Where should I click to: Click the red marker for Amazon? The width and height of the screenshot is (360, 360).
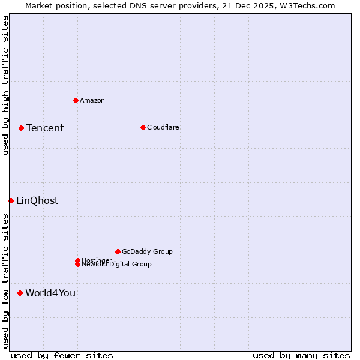coord(76,100)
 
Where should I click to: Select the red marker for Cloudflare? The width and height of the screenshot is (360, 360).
coord(143,127)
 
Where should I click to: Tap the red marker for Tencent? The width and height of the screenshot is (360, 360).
coord(21,128)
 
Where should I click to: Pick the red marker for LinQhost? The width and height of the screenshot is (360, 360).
coord(11,200)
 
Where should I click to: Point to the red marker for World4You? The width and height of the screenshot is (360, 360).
coord(20,293)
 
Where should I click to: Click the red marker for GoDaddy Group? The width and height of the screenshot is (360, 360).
coord(118,251)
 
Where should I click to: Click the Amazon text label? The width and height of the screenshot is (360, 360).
coord(92,100)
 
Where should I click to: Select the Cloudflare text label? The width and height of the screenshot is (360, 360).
coord(163,127)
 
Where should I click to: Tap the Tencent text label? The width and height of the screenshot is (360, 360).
coord(45,128)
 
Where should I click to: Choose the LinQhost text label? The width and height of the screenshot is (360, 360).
coord(37,200)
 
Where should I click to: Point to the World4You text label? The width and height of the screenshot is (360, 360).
coord(50,293)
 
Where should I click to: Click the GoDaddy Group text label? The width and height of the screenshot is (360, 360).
coord(147,251)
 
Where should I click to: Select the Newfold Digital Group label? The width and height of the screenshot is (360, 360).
coord(117,265)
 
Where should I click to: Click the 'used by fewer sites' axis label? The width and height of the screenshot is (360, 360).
coord(62,355)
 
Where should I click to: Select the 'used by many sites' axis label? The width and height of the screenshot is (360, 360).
coord(301,355)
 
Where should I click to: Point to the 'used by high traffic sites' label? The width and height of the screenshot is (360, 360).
coord(5,85)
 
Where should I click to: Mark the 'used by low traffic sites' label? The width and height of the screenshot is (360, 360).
coord(5,280)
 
